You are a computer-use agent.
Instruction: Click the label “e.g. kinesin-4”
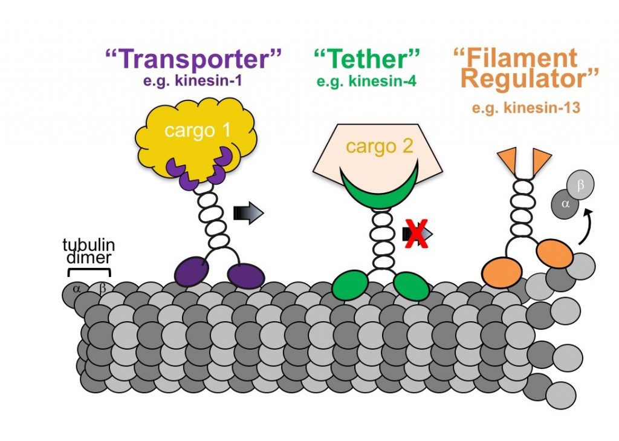click(x=367, y=80)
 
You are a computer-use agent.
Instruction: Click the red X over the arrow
click(x=416, y=234)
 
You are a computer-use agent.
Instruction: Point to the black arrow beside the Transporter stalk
click(x=248, y=212)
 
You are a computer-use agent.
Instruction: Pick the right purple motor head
click(x=246, y=276)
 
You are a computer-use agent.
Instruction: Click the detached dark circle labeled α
click(x=565, y=204)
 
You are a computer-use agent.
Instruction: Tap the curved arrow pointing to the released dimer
click(x=585, y=226)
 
